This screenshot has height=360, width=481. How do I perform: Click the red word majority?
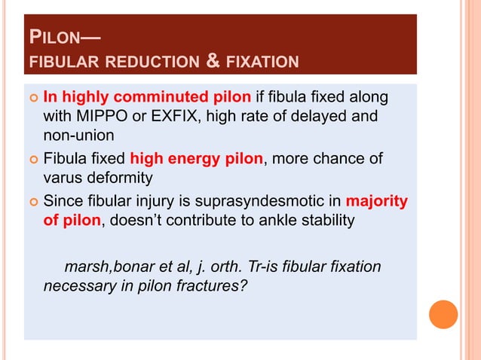pyautogui.click(x=376, y=201)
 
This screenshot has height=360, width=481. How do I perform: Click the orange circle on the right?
pyautogui.click(x=443, y=315)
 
